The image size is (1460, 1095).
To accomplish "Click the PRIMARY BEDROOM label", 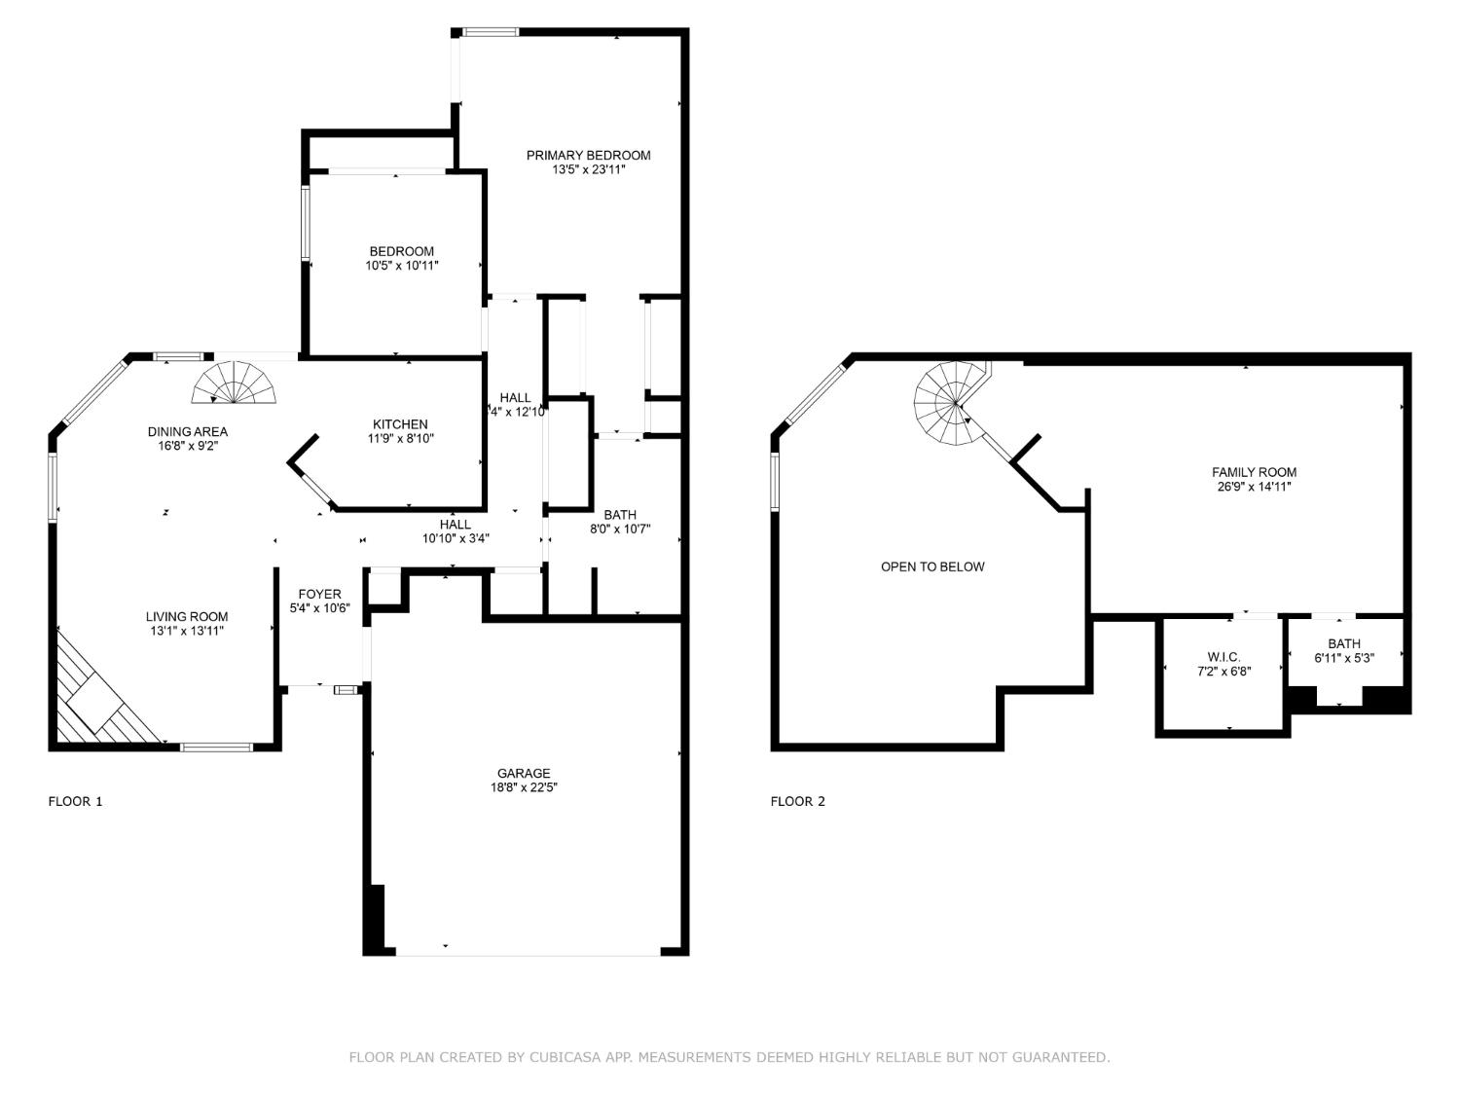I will coord(588,155).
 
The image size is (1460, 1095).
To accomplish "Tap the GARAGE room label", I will coord(524,774).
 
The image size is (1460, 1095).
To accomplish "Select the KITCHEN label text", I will coord(400,424).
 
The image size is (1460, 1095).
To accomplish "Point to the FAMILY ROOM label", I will coord(1254,472).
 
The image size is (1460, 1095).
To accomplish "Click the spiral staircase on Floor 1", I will coord(235,384).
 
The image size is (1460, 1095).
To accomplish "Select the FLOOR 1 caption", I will coord(75,801).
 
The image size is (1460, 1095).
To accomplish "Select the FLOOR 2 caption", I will coord(797,801).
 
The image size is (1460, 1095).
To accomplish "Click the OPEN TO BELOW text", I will coord(932,566).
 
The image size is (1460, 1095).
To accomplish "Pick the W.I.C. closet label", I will coord(1223,657).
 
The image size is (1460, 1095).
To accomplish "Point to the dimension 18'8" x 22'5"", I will coord(524,788).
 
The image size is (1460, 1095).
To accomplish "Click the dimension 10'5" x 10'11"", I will coord(402,265).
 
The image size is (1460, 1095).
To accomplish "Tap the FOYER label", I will coord(319,594).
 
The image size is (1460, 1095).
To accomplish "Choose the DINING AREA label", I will coord(188,431).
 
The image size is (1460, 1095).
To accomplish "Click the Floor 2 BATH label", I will coord(1344,643).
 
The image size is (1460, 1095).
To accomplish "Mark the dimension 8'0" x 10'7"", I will coord(620,529).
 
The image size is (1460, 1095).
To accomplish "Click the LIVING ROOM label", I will coord(187,616).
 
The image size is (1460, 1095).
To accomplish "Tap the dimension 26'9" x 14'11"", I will coord(1254,487).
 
